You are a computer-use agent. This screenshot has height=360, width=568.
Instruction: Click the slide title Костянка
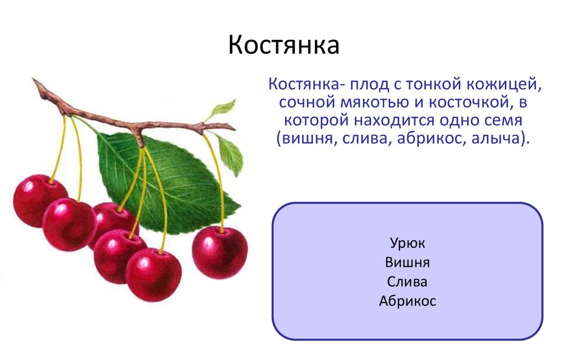[x=283, y=45]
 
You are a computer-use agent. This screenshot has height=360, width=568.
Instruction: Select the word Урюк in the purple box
[x=407, y=244]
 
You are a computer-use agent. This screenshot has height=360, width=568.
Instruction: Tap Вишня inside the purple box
[x=407, y=262]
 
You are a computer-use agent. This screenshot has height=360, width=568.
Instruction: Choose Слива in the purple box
[x=407, y=282]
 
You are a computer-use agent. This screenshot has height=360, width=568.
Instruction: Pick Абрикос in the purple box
[x=407, y=301]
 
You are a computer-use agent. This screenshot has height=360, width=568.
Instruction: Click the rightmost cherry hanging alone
[x=220, y=252]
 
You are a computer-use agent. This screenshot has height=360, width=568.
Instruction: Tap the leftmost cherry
[x=39, y=200]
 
